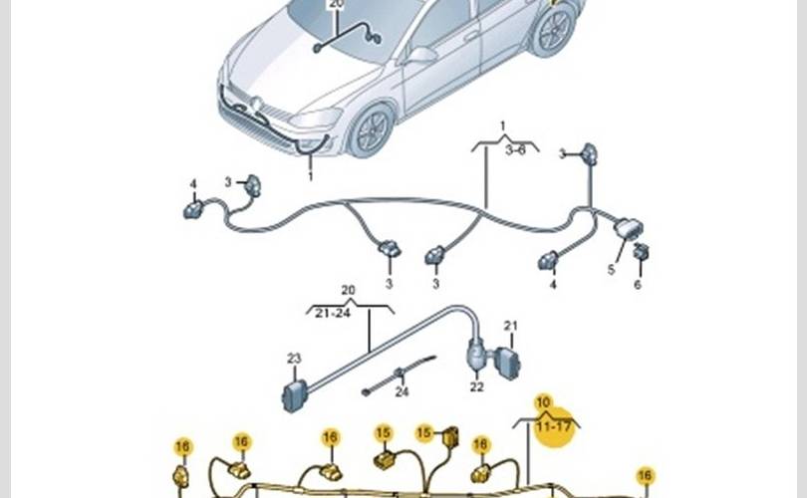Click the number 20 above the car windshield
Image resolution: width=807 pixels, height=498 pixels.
point(336,4)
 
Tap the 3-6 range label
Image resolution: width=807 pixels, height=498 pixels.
point(516,149)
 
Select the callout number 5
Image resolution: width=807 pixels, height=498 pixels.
point(611,269)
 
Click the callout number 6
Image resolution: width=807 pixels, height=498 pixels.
point(638,284)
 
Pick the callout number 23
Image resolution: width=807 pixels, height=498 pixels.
point(294,359)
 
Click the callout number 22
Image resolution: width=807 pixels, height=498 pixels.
point(477,387)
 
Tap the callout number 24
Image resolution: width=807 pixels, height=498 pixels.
point(402,391)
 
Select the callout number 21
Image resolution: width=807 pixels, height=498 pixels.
point(510,326)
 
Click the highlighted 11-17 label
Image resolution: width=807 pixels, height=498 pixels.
point(555,428)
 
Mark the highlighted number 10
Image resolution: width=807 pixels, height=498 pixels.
point(543,403)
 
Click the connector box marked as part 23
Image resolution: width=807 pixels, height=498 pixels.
point(294,395)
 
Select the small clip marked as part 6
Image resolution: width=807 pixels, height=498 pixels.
point(642,252)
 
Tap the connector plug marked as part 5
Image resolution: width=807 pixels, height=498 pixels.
point(627,228)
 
